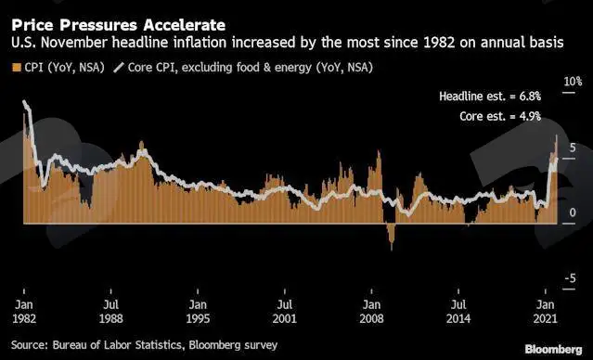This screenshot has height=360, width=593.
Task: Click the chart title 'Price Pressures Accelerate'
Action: (119, 25)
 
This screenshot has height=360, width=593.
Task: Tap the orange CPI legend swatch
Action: (17, 68)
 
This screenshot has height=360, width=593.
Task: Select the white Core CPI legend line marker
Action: (119, 68)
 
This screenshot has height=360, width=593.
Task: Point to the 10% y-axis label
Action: (573, 82)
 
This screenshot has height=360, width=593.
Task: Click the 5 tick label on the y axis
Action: (573, 148)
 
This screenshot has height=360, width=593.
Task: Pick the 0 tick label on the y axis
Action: (573, 212)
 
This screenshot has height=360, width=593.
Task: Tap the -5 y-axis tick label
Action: (571, 278)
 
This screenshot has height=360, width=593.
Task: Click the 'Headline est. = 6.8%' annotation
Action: (490, 96)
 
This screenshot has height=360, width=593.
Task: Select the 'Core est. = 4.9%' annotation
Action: (500, 116)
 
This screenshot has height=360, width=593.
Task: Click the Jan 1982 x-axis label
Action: (24, 312)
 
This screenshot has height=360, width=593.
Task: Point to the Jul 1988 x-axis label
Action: (110, 312)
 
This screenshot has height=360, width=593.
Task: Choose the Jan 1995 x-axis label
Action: (198, 312)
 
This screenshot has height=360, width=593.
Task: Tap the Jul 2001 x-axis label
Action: (284, 312)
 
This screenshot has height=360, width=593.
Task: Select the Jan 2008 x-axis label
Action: (371, 312)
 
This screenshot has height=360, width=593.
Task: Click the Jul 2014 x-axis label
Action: (458, 312)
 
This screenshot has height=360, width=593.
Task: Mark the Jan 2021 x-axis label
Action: (546, 312)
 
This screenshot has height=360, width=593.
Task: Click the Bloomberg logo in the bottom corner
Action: (554, 349)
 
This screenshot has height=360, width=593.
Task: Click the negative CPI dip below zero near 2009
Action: (391, 237)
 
